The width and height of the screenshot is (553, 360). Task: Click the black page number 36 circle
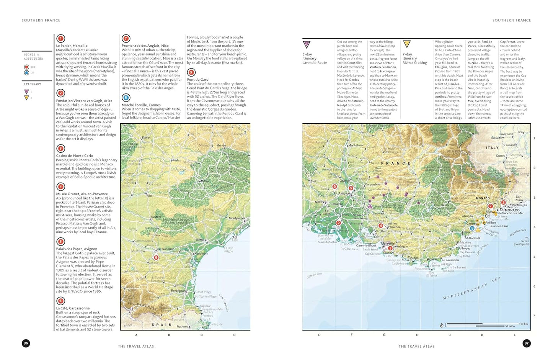(x=26, y=343)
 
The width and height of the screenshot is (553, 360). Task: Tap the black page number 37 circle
(x=527, y=343)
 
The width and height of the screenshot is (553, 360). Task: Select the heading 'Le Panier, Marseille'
(x=72, y=46)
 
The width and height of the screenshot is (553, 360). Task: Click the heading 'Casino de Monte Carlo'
(x=75, y=156)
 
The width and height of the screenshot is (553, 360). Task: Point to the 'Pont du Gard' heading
(x=198, y=80)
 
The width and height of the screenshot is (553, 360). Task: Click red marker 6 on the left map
(x=156, y=258)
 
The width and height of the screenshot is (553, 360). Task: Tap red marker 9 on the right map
(x=334, y=187)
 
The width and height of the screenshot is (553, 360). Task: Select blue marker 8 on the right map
(x=472, y=229)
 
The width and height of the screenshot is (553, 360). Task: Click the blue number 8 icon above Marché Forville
(x=126, y=98)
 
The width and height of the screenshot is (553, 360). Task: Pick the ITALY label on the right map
(x=492, y=148)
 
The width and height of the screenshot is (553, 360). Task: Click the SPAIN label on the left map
(x=162, y=324)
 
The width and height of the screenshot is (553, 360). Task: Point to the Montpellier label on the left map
(x=237, y=218)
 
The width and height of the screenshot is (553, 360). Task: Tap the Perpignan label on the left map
(x=178, y=291)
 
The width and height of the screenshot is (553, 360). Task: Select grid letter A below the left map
(x=136, y=335)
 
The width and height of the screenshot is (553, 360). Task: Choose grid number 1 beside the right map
(x=534, y=138)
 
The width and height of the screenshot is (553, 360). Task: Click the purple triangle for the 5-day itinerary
(x=307, y=45)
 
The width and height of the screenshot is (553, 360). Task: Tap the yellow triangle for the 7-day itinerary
(x=407, y=44)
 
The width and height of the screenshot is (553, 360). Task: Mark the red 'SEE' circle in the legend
(x=26, y=67)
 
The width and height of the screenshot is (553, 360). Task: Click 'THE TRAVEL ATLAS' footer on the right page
(x=416, y=346)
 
